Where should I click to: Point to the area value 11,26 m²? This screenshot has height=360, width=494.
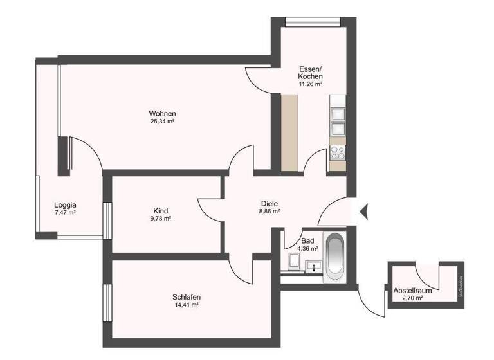pos(310,84)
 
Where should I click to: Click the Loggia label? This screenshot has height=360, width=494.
pos(66,205)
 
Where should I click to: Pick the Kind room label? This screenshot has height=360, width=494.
pos(161,211)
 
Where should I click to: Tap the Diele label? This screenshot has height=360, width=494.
pos(270,203)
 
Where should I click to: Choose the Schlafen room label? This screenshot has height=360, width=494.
pos(187,297)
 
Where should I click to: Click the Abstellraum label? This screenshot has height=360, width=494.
pos(412,291)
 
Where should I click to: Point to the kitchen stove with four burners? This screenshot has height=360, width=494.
pos(338,153)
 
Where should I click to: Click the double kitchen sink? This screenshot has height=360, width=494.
pos(338,122)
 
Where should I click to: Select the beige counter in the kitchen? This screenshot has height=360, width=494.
pos(290,133)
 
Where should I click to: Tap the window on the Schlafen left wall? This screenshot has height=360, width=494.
pos(107,301)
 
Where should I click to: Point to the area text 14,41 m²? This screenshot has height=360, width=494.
pos(187,305)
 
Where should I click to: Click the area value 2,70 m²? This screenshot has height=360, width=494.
pos(412,298)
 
